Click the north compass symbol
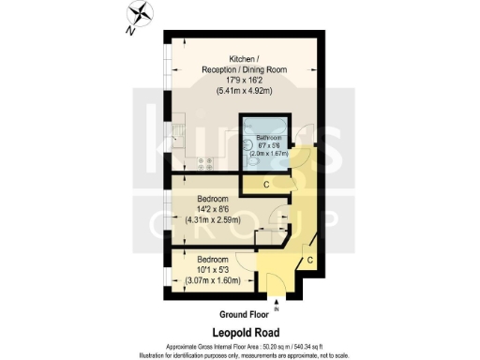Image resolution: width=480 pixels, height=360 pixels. tap(141, 14)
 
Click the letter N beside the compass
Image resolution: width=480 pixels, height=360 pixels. tap(129, 28)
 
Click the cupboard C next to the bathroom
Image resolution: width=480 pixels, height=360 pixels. tap(266, 184)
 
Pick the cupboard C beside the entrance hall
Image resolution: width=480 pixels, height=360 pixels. tap(310, 261)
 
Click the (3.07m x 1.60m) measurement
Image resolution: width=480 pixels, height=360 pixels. tap(212, 279)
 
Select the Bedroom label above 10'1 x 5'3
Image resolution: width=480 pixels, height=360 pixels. tap(212, 258)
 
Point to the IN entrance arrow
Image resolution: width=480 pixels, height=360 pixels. tap(276, 304)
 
